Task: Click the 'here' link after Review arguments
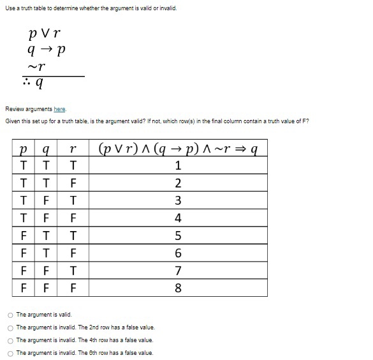(x=59, y=109)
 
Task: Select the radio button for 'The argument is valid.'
(x=10, y=315)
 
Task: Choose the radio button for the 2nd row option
(x=10, y=327)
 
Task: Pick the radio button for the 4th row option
(x=10, y=340)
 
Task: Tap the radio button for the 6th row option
(x=10, y=353)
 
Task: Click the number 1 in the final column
(x=179, y=166)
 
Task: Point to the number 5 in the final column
(x=179, y=236)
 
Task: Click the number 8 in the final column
(x=179, y=288)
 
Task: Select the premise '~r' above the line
(x=41, y=66)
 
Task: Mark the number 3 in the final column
(x=179, y=201)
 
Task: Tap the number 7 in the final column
(x=179, y=271)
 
